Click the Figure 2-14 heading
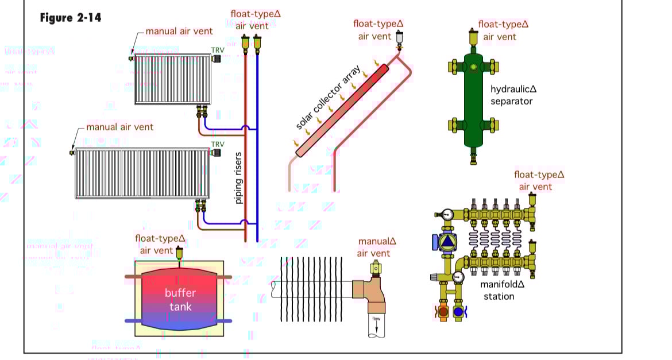pos(70,18)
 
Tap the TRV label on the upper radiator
pos(218,50)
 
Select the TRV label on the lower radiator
pos(218,144)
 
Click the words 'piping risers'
pos(239,177)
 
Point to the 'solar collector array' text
pos(329,97)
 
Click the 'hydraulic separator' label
pos(512,95)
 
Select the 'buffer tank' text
pos(180,300)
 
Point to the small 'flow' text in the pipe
pos(376,319)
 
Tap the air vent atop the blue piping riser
pos(257,42)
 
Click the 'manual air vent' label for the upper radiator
pos(179,31)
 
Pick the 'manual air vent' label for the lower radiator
pos(119,127)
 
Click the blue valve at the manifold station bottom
pos(458,313)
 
